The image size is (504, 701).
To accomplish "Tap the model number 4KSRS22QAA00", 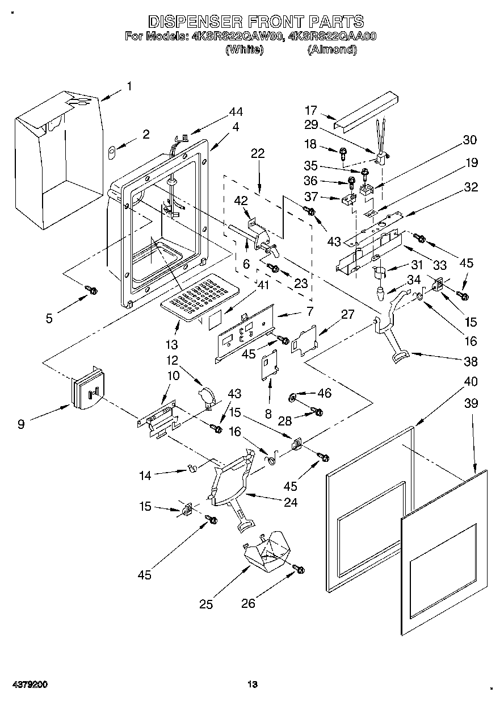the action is click(x=333, y=36).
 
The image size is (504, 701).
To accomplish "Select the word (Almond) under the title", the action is click(x=332, y=49).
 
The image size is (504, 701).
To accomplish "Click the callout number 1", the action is click(x=129, y=86).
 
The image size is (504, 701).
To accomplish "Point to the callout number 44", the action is click(x=236, y=112).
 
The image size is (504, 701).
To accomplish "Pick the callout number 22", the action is click(x=258, y=153).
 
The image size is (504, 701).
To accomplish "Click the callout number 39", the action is click(x=471, y=403).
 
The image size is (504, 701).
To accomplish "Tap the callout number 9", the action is click(x=20, y=424).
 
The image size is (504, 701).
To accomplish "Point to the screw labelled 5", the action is click(x=92, y=290).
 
